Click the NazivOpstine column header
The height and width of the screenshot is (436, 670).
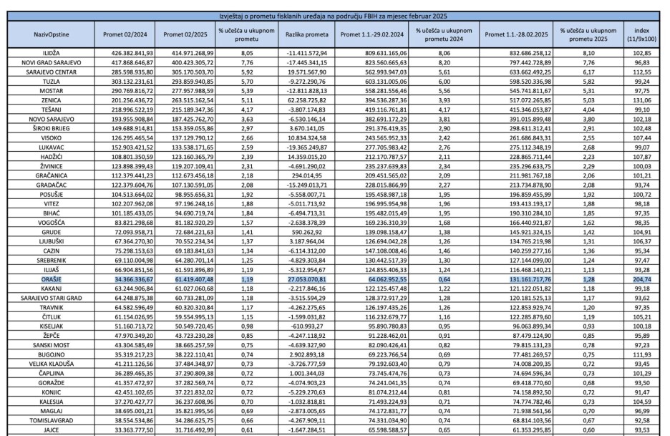point(48,33)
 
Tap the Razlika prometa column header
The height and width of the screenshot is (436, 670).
point(306,33)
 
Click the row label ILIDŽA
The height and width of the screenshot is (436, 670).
point(48,54)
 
